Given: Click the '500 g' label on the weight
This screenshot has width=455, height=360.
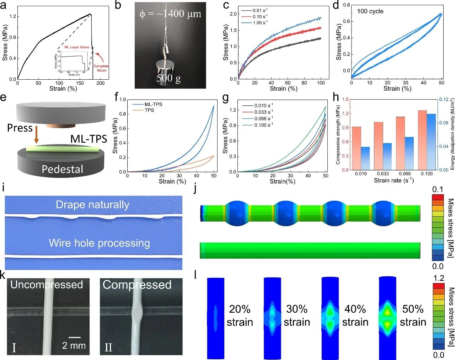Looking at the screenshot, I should tap(168, 78).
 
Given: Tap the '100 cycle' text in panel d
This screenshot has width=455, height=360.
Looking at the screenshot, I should tap(370, 11).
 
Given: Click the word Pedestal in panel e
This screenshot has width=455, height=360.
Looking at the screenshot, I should tap(62, 169).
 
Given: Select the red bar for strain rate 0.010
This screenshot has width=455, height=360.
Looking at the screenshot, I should tap(356, 148).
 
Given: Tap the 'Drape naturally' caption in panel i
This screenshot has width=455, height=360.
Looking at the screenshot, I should tap(92, 205).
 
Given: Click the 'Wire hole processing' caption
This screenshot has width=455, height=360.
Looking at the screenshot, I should tap(99, 243).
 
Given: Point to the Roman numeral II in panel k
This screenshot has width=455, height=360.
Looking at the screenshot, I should tap(108, 347).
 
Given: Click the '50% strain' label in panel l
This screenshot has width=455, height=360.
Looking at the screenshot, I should tap(413, 316).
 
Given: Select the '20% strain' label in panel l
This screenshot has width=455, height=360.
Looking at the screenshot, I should tap(240, 316).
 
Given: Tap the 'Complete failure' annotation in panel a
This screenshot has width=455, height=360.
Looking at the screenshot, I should tap(101, 68).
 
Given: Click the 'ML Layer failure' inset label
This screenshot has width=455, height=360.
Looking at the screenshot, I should tap(77, 47).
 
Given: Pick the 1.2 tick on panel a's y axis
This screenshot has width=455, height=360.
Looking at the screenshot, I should tap(13, 16).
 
